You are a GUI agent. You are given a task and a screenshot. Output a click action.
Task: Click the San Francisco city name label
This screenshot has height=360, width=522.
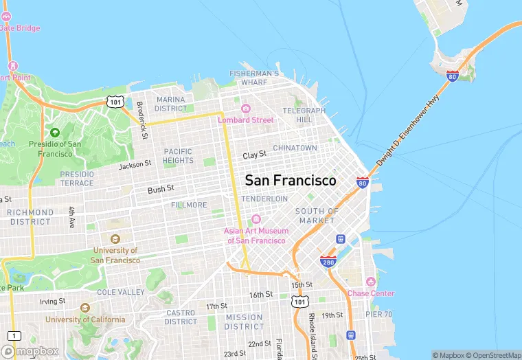coord(291,180)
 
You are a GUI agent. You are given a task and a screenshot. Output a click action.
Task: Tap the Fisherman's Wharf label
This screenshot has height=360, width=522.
coord(254,78)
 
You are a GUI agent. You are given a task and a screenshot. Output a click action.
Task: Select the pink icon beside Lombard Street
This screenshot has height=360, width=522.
coord(245,108)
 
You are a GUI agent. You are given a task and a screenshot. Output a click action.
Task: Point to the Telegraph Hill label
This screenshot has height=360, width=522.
coord(304,115)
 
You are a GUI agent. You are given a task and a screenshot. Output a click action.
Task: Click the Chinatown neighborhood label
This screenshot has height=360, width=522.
coord(295,148)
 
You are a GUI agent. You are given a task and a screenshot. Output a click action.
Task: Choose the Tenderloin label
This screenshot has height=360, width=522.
coord(264,199)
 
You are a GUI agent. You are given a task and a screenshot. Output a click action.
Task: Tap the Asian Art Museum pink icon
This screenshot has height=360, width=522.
coord(256,219)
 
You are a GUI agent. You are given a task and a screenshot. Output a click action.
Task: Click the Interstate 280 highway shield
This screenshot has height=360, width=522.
coord(328,262)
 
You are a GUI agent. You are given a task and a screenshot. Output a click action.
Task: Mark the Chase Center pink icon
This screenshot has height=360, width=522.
coord(371,282)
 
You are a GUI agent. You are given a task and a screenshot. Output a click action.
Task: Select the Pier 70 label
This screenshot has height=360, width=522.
coord(378,314)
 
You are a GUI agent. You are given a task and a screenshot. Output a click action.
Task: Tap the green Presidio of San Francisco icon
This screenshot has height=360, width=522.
coord(55,132)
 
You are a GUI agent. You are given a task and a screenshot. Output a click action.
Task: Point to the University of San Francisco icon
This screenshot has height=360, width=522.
coord(115,238)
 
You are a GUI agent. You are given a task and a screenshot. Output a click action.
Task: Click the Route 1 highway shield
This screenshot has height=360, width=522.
coord(14,335)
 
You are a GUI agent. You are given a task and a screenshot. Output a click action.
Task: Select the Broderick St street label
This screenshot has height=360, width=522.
coord(142,120)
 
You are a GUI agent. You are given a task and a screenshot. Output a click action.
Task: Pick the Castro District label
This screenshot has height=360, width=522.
coord(181,317)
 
